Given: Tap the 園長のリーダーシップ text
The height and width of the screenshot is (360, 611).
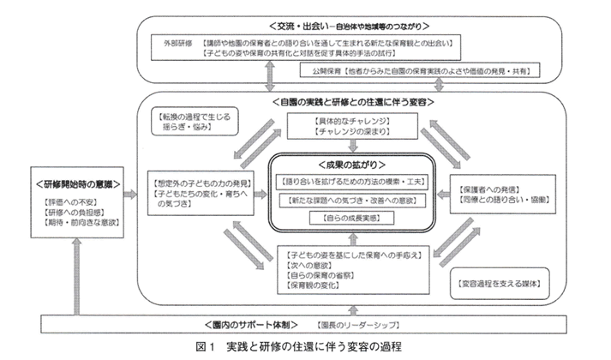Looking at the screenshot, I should pyautogui.click(x=350, y=326).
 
